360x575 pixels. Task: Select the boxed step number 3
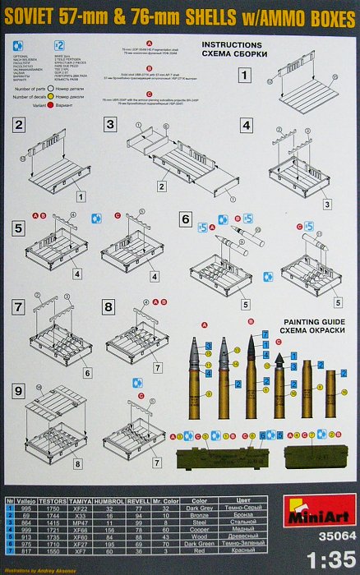click(109, 126)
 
